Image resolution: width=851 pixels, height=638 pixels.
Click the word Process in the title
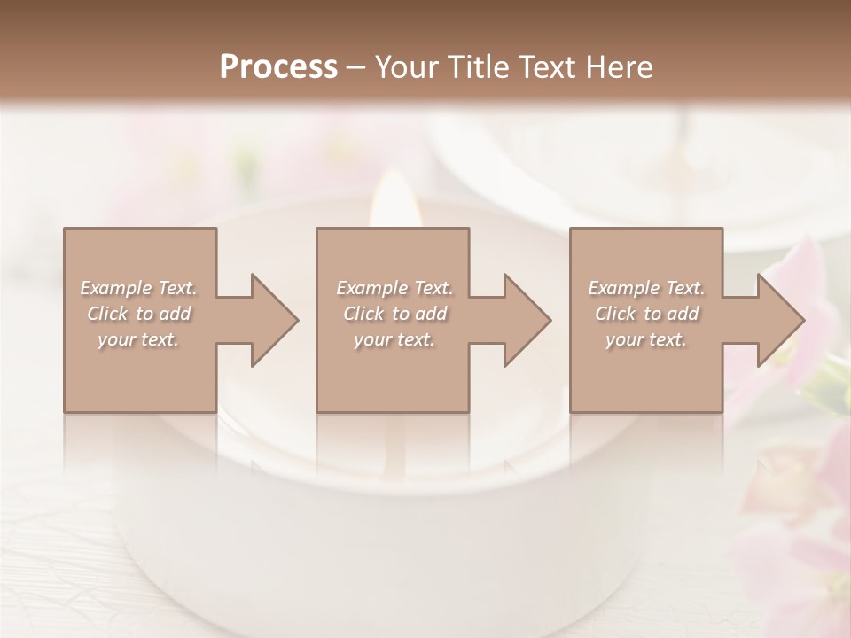click(278, 67)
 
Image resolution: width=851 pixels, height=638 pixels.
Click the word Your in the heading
click(410, 67)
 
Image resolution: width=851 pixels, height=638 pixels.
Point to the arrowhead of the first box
click(271, 320)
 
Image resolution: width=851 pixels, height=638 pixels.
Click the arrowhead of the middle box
click(524, 320)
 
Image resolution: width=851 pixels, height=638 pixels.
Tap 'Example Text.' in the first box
click(138, 288)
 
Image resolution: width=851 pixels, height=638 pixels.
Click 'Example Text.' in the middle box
click(394, 288)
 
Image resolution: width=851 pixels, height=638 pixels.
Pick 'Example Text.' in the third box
click(646, 288)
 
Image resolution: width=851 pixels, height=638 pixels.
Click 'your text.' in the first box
click(138, 339)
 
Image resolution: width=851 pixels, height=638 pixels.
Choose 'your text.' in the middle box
click(394, 339)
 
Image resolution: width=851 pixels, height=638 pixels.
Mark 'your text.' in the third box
click(646, 339)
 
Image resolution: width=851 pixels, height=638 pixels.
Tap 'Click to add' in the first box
click(138, 314)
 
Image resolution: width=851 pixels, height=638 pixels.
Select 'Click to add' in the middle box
click(394, 314)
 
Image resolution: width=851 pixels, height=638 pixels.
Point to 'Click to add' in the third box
click(646, 314)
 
